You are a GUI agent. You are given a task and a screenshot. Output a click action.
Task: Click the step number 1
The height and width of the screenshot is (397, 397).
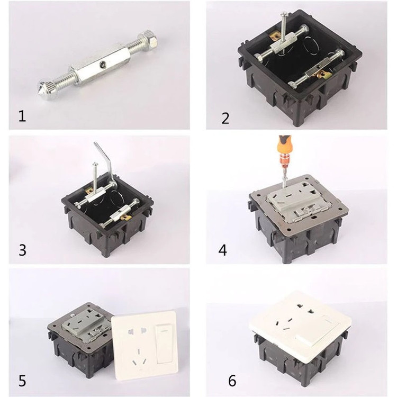point(22,117)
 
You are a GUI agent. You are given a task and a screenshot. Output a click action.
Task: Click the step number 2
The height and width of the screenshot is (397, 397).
point(225,118)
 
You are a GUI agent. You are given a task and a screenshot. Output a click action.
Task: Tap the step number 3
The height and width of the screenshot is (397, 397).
point(22,250)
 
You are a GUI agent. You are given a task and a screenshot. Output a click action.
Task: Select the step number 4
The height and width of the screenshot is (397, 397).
point(222,250)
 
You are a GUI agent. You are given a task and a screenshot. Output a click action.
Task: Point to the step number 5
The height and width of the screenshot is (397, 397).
point(22,381)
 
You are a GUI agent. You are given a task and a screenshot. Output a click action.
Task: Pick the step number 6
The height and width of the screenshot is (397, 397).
point(232,381)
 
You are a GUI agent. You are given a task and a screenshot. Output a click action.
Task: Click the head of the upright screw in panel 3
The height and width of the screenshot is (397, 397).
point(95,164)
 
